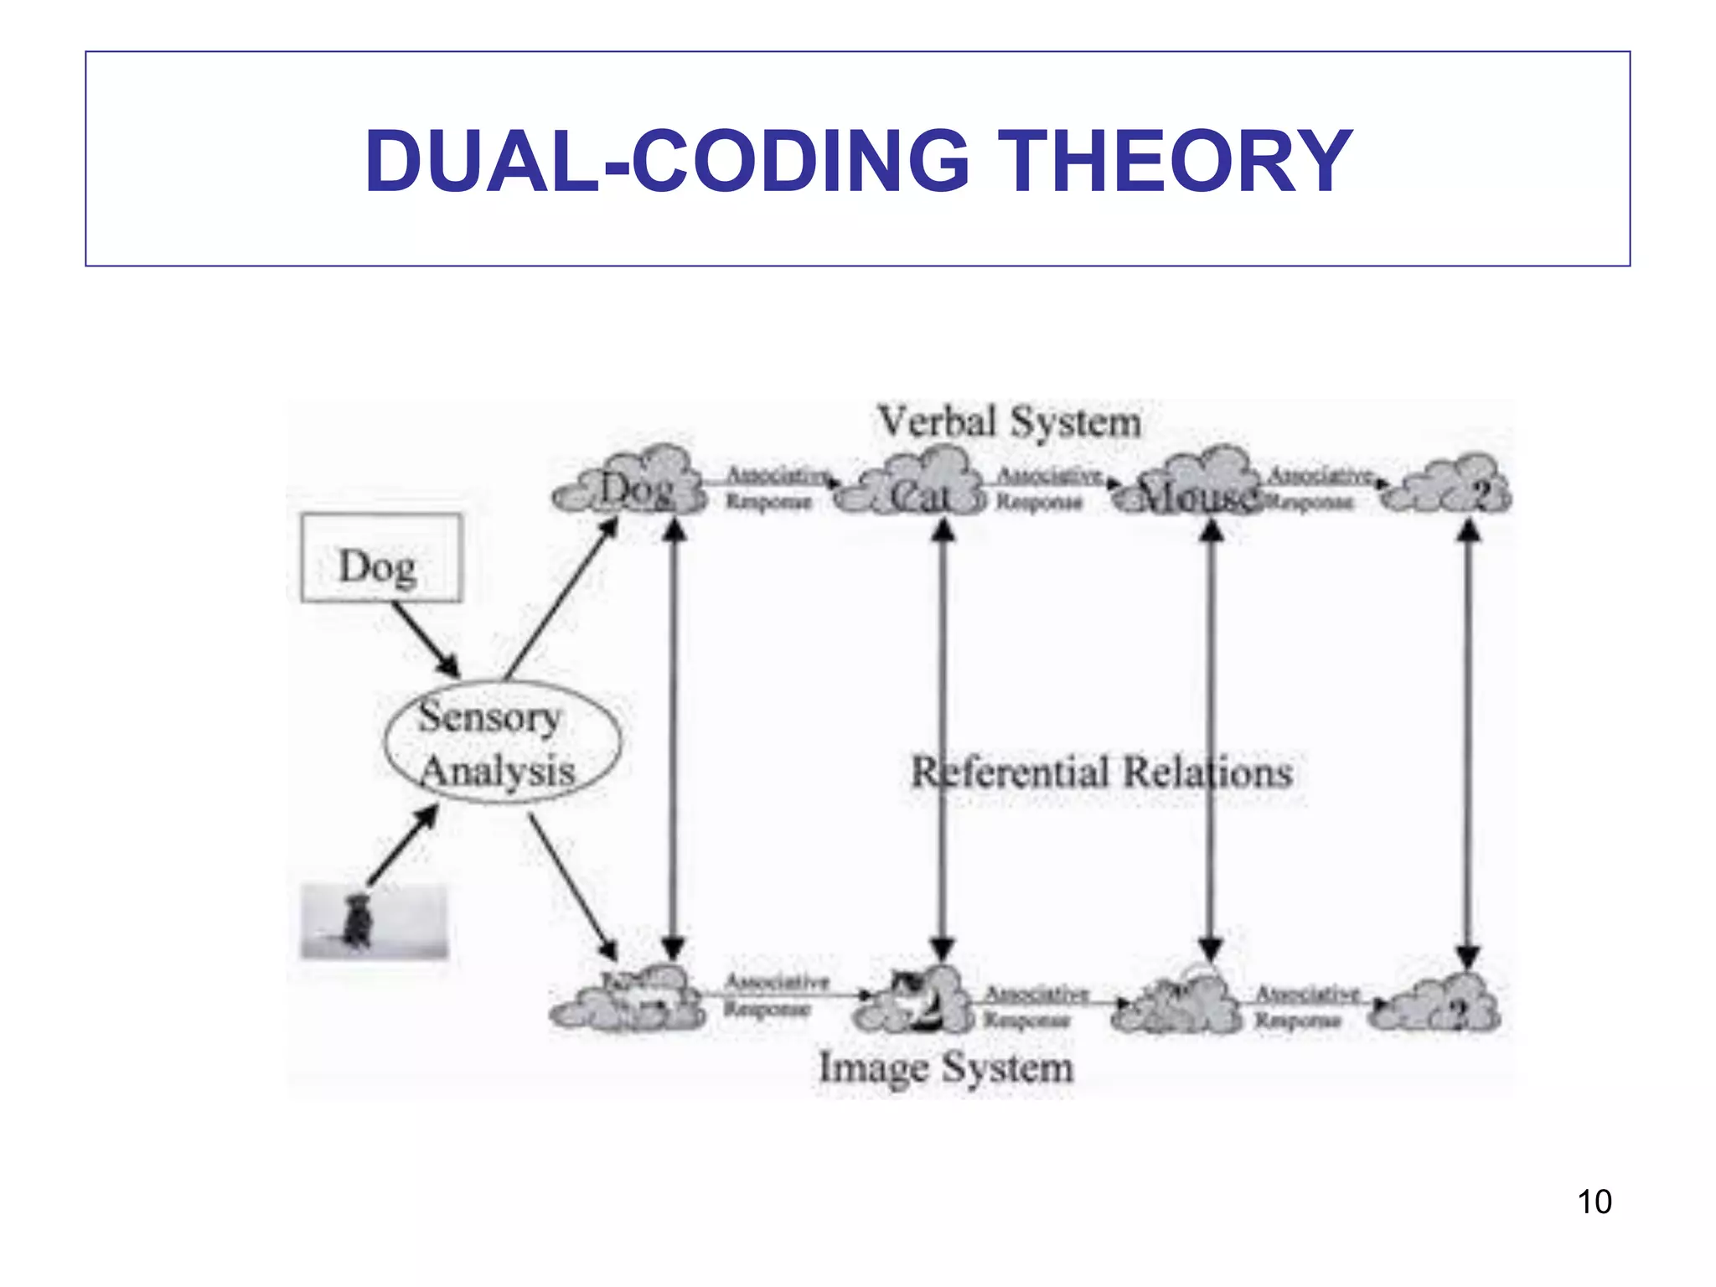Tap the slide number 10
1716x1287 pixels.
[x=1594, y=1202]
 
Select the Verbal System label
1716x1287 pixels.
[x=1009, y=421]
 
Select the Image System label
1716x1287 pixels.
[x=946, y=1067]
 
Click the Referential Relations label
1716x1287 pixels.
[x=1101, y=772]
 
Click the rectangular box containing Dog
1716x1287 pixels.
[x=381, y=557]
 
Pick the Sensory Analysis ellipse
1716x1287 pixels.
[x=502, y=742]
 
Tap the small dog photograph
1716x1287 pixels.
[x=374, y=921]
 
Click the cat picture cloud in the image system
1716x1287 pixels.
[x=915, y=1001]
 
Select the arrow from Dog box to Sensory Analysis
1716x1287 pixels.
[x=426, y=640]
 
